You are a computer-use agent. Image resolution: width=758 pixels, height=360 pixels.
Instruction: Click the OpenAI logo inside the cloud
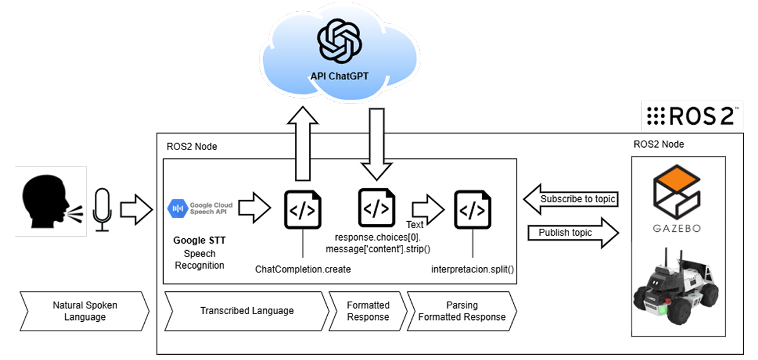pos(338,41)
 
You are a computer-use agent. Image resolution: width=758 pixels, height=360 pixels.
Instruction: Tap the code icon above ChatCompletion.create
pos(303,209)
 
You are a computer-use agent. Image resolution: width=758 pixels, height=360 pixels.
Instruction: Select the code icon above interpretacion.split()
pos(473,209)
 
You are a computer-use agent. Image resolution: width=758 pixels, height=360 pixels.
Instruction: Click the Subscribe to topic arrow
pos(570,199)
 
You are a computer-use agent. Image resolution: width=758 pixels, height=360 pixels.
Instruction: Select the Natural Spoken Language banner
pos(85,311)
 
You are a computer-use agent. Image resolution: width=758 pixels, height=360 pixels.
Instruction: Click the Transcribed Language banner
pos(247,311)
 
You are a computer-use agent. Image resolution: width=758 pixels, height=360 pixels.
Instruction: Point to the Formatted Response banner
pos(368,311)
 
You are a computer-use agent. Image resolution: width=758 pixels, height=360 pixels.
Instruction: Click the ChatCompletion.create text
pos(303,269)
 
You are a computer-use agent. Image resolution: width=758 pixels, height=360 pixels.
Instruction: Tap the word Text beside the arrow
pos(415,225)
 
